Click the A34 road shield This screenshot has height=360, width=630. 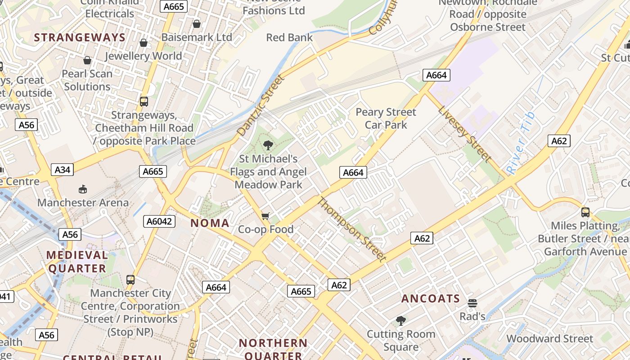(63, 170)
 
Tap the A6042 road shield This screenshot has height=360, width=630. (159, 221)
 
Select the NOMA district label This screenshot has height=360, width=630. (210, 223)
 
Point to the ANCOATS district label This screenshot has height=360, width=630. (431, 299)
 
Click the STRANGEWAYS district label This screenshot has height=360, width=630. (80, 37)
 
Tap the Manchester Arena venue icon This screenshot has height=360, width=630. (83, 189)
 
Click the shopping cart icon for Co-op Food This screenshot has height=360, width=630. (265, 216)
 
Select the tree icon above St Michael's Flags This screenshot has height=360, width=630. (268, 145)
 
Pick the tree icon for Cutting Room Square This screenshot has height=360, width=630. (400, 321)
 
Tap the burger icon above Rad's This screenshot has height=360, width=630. (472, 303)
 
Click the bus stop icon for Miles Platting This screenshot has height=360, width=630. (585, 212)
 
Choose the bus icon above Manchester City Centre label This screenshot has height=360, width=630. (130, 280)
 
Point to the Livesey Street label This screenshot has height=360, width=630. (464, 134)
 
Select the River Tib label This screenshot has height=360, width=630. (521, 143)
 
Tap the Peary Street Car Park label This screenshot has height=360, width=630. (386, 118)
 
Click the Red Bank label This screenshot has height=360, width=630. (289, 37)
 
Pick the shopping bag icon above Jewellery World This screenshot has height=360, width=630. (144, 43)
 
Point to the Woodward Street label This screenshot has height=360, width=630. (550, 338)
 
